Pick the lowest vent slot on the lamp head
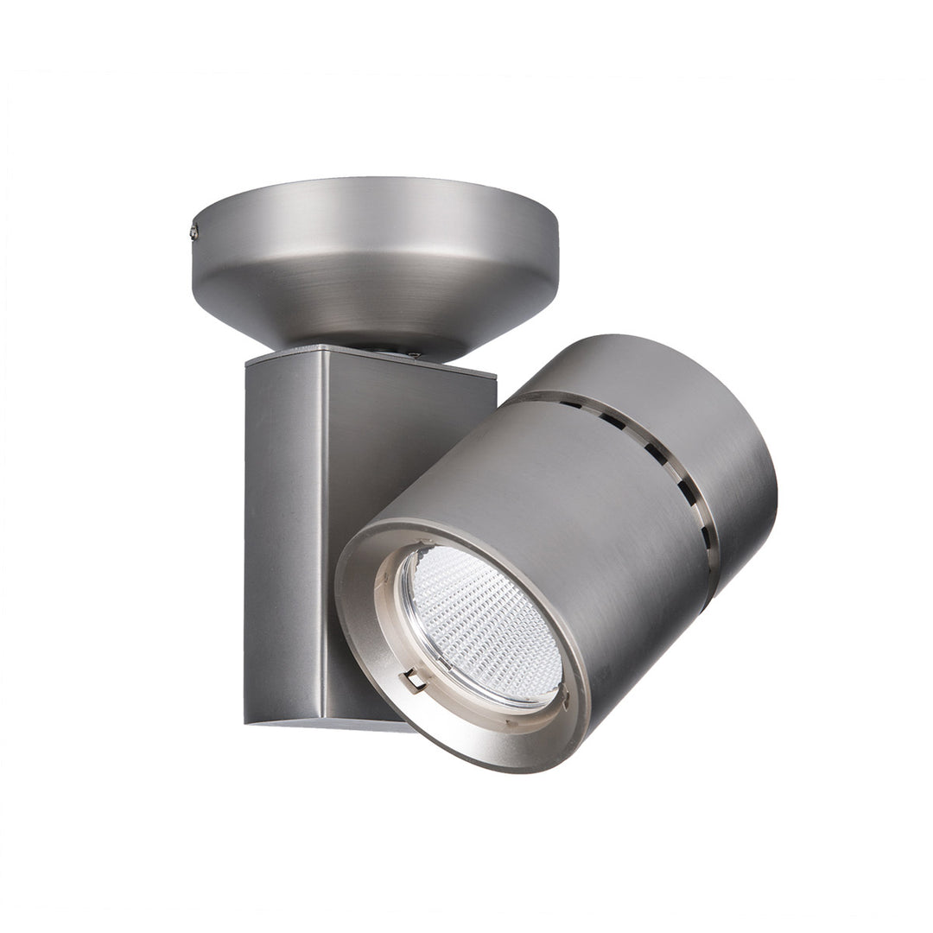tap(705, 536)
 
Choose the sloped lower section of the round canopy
tap(371, 302)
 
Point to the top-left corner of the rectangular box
tap(248, 363)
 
